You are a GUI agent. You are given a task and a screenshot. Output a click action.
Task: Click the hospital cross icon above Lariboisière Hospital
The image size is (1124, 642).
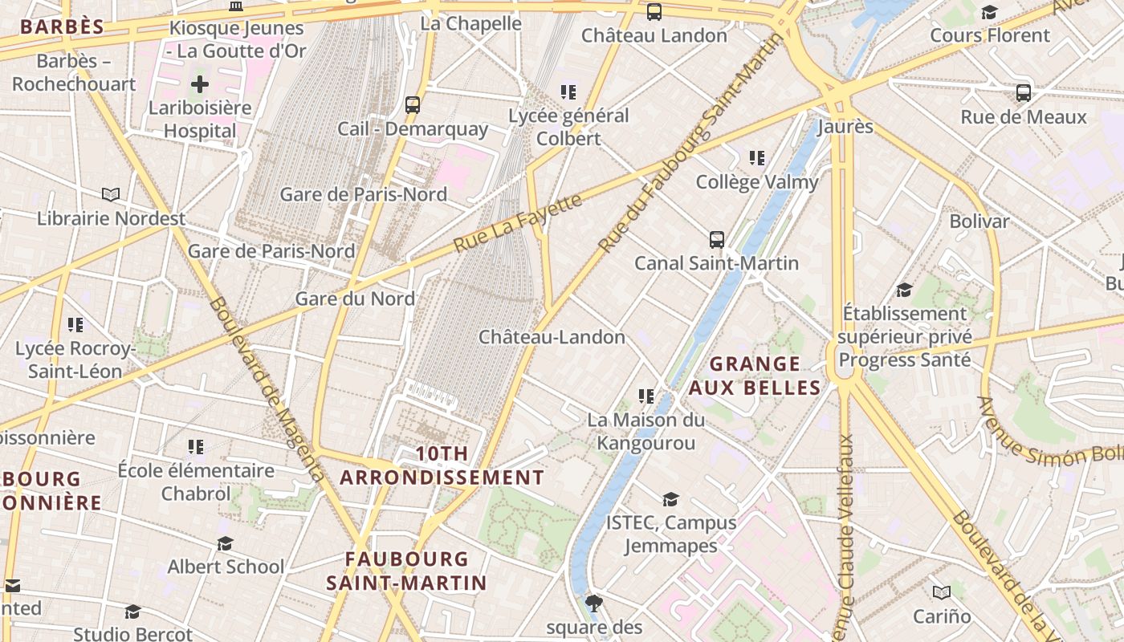pyautogui.click(x=199, y=83)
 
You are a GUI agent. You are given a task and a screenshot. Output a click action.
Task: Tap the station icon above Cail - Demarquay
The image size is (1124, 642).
pyautogui.click(x=413, y=104)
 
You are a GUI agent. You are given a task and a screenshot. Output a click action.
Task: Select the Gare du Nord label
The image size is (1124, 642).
pyautogui.click(x=355, y=299)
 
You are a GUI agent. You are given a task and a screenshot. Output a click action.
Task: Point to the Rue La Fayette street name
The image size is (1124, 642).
pyautogui.click(x=518, y=222)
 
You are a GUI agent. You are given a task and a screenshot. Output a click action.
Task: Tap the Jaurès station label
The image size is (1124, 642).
pyautogui.click(x=845, y=127)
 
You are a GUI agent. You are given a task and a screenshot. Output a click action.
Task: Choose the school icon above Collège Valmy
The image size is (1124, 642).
pyautogui.click(x=757, y=158)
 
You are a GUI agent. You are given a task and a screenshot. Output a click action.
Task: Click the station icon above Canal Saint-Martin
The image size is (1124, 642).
pyautogui.click(x=717, y=239)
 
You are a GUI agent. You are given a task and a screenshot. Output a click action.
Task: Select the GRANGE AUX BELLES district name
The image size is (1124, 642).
pyautogui.click(x=755, y=376)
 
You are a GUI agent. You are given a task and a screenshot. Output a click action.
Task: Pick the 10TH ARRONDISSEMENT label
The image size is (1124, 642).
pyautogui.click(x=442, y=465)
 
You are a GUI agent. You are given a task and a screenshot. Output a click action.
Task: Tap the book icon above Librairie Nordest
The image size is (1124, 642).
pyautogui.click(x=111, y=194)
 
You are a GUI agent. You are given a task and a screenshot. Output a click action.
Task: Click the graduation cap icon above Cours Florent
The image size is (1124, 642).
pyautogui.click(x=989, y=12)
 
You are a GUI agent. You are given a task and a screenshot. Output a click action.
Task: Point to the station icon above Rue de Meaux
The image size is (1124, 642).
pyautogui.click(x=1024, y=92)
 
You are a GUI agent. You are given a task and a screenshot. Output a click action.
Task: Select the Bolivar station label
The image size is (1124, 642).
pyautogui.click(x=979, y=221)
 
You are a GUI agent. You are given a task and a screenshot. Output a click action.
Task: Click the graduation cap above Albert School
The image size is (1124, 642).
pyautogui.click(x=225, y=543)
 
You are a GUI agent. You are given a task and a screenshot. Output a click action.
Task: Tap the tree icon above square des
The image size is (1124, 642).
pyautogui.click(x=594, y=603)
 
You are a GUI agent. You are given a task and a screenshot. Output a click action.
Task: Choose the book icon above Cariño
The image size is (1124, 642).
pyautogui.click(x=942, y=592)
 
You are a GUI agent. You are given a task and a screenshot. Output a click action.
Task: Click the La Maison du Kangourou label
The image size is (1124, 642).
pyautogui.click(x=645, y=431)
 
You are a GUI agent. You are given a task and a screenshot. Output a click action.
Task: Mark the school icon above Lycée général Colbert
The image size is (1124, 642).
pyautogui.click(x=568, y=92)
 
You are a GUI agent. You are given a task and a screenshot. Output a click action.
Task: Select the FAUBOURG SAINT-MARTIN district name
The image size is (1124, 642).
pyautogui.click(x=406, y=571)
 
